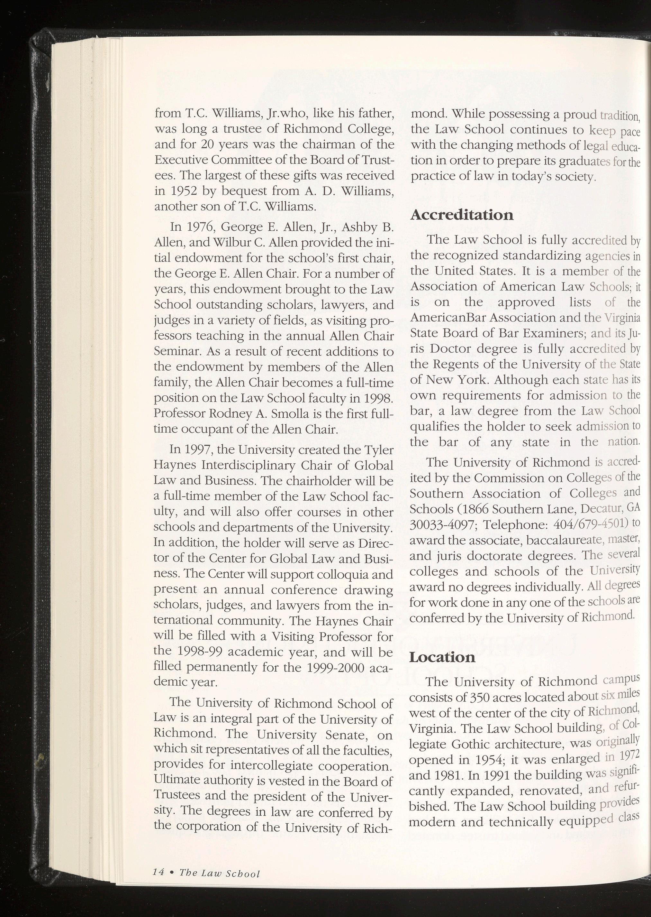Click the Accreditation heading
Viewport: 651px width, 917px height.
pyautogui.click(x=462, y=215)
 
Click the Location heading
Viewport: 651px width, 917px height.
pyautogui.click(x=442, y=657)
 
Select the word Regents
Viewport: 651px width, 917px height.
pyautogui.click(x=455, y=365)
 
